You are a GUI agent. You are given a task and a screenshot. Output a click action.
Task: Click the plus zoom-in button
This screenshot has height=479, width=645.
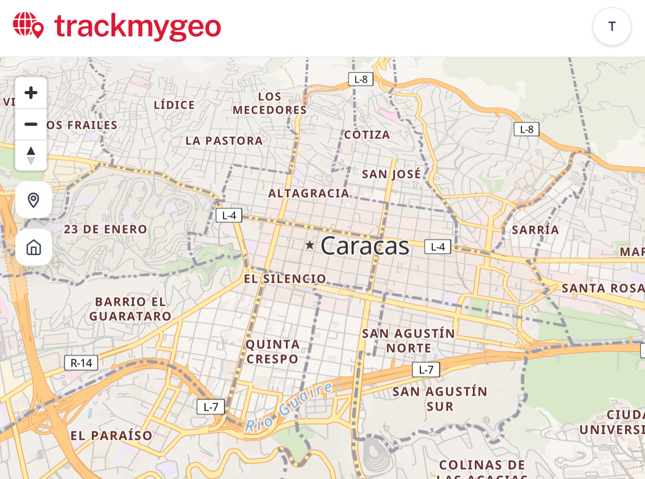31,93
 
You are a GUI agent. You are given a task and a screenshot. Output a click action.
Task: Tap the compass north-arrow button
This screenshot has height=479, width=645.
31,155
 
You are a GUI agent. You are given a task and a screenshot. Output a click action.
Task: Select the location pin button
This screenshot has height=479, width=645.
34,200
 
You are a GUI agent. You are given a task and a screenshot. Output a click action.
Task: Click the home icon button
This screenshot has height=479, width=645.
34,247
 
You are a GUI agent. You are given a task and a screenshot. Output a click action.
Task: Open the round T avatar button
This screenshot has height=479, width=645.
612,26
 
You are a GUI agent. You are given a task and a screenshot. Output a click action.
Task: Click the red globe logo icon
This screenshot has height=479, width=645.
28,25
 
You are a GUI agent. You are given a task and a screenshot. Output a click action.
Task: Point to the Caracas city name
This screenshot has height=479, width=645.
365,246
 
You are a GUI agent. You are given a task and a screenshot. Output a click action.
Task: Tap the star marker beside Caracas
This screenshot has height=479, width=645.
309,245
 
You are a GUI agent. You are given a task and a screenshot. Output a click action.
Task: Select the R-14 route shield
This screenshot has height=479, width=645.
81,363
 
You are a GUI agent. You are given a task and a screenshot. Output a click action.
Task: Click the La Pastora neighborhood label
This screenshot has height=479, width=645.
224,141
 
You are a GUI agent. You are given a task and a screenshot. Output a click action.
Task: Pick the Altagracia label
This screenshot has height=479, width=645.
309,193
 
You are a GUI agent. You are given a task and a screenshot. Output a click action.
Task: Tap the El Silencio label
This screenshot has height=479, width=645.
285,279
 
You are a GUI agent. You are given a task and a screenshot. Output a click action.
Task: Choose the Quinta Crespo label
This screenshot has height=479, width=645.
273,352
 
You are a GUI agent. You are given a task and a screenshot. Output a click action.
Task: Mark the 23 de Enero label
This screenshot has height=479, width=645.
105,229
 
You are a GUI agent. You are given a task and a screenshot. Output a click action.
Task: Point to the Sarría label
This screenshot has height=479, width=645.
535,230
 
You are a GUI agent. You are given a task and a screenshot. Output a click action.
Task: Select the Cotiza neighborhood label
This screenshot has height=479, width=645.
367,135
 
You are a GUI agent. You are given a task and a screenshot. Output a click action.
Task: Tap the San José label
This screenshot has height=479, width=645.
391,174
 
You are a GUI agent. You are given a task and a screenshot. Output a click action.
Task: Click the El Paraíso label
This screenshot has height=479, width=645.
111,435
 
